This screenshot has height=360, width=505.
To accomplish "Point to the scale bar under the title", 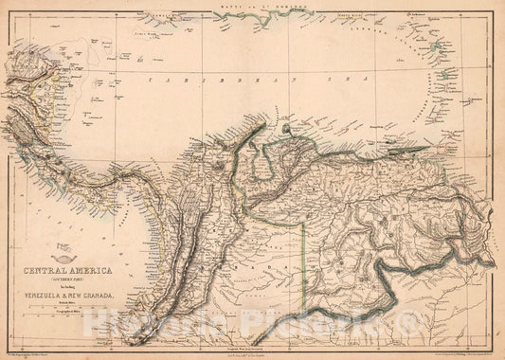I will tap(66, 309).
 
